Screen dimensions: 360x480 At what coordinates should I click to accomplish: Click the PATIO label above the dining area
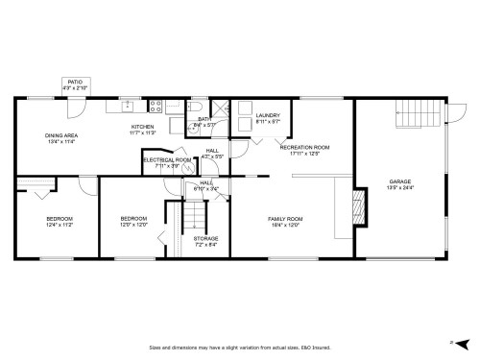click(x=75, y=83)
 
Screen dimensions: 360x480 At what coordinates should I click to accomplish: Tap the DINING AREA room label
click(x=60, y=135)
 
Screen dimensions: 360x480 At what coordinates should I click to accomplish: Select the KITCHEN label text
click(x=142, y=127)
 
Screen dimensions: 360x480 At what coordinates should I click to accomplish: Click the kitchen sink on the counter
click(x=127, y=105)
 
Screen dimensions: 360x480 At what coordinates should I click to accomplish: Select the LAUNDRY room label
click(x=268, y=115)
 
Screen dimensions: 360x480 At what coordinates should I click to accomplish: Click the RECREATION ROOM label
click(x=310, y=147)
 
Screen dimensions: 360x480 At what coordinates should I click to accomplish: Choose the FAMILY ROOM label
click(x=284, y=219)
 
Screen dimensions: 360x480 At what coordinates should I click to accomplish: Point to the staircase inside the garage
click(x=411, y=117)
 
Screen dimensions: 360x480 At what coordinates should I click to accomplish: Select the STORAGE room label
click(x=205, y=238)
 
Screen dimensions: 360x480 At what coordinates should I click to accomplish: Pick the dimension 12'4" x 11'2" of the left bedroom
click(x=60, y=226)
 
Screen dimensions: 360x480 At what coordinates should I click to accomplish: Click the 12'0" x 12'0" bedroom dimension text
click(x=132, y=226)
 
